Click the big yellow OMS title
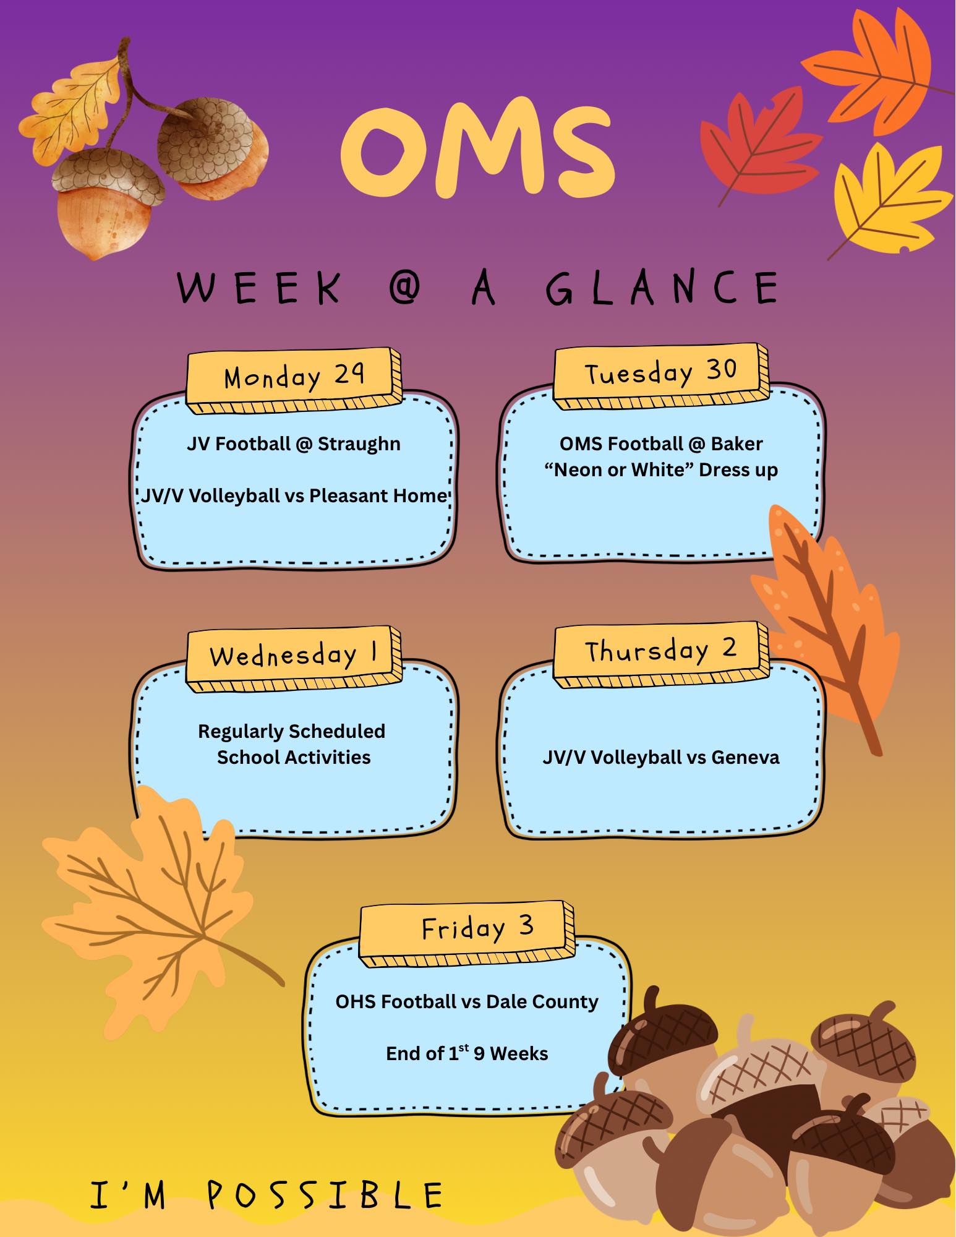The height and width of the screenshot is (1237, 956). pyautogui.click(x=477, y=148)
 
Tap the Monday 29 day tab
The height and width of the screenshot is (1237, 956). pyautogui.click(x=294, y=380)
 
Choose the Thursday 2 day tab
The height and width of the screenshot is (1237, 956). pyautogui.click(x=661, y=654)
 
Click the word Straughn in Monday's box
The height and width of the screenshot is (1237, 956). pyautogui.click(x=359, y=444)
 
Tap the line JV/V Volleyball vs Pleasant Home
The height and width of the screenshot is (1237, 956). pyautogui.click(x=294, y=495)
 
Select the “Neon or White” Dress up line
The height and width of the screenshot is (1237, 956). pyautogui.click(x=661, y=470)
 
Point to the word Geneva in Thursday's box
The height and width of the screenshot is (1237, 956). pyautogui.click(x=745, y=757)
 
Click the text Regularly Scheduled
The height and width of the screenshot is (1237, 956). pyautogui.click(x=291, y=732)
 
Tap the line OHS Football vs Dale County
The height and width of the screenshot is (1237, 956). pyautogui.click(x=467, y=1001)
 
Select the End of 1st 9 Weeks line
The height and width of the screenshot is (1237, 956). pyautogui.click(x=467, y=1053)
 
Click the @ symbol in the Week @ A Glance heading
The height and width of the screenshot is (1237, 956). pyautogui.click(x=406, y=288)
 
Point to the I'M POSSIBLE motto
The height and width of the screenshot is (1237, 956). pyautogui.click(x=267, y=1194)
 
